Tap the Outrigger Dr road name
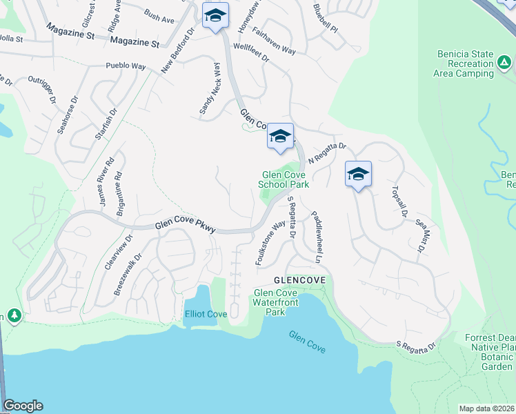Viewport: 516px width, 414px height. pyautogui.click(x=41, y=90)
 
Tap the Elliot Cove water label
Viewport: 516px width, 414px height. pyautogui.click(x=206, y=315)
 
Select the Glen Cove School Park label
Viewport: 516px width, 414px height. pyautogui.click(x=284, y=179)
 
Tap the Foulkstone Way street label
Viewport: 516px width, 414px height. pyautogui.click(x=270, y=244)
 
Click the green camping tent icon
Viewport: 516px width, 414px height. pyautogui.click(x=504, y=63)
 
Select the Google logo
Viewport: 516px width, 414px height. pyautogui.click(x=23, y=406)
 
